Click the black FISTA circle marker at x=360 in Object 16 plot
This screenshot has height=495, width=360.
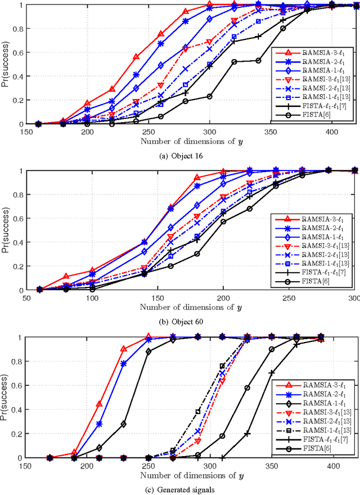[283, 28]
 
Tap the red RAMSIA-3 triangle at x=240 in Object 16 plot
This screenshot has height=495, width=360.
[136, 57]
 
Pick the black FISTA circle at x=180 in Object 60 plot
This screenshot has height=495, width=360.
[197, 254]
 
